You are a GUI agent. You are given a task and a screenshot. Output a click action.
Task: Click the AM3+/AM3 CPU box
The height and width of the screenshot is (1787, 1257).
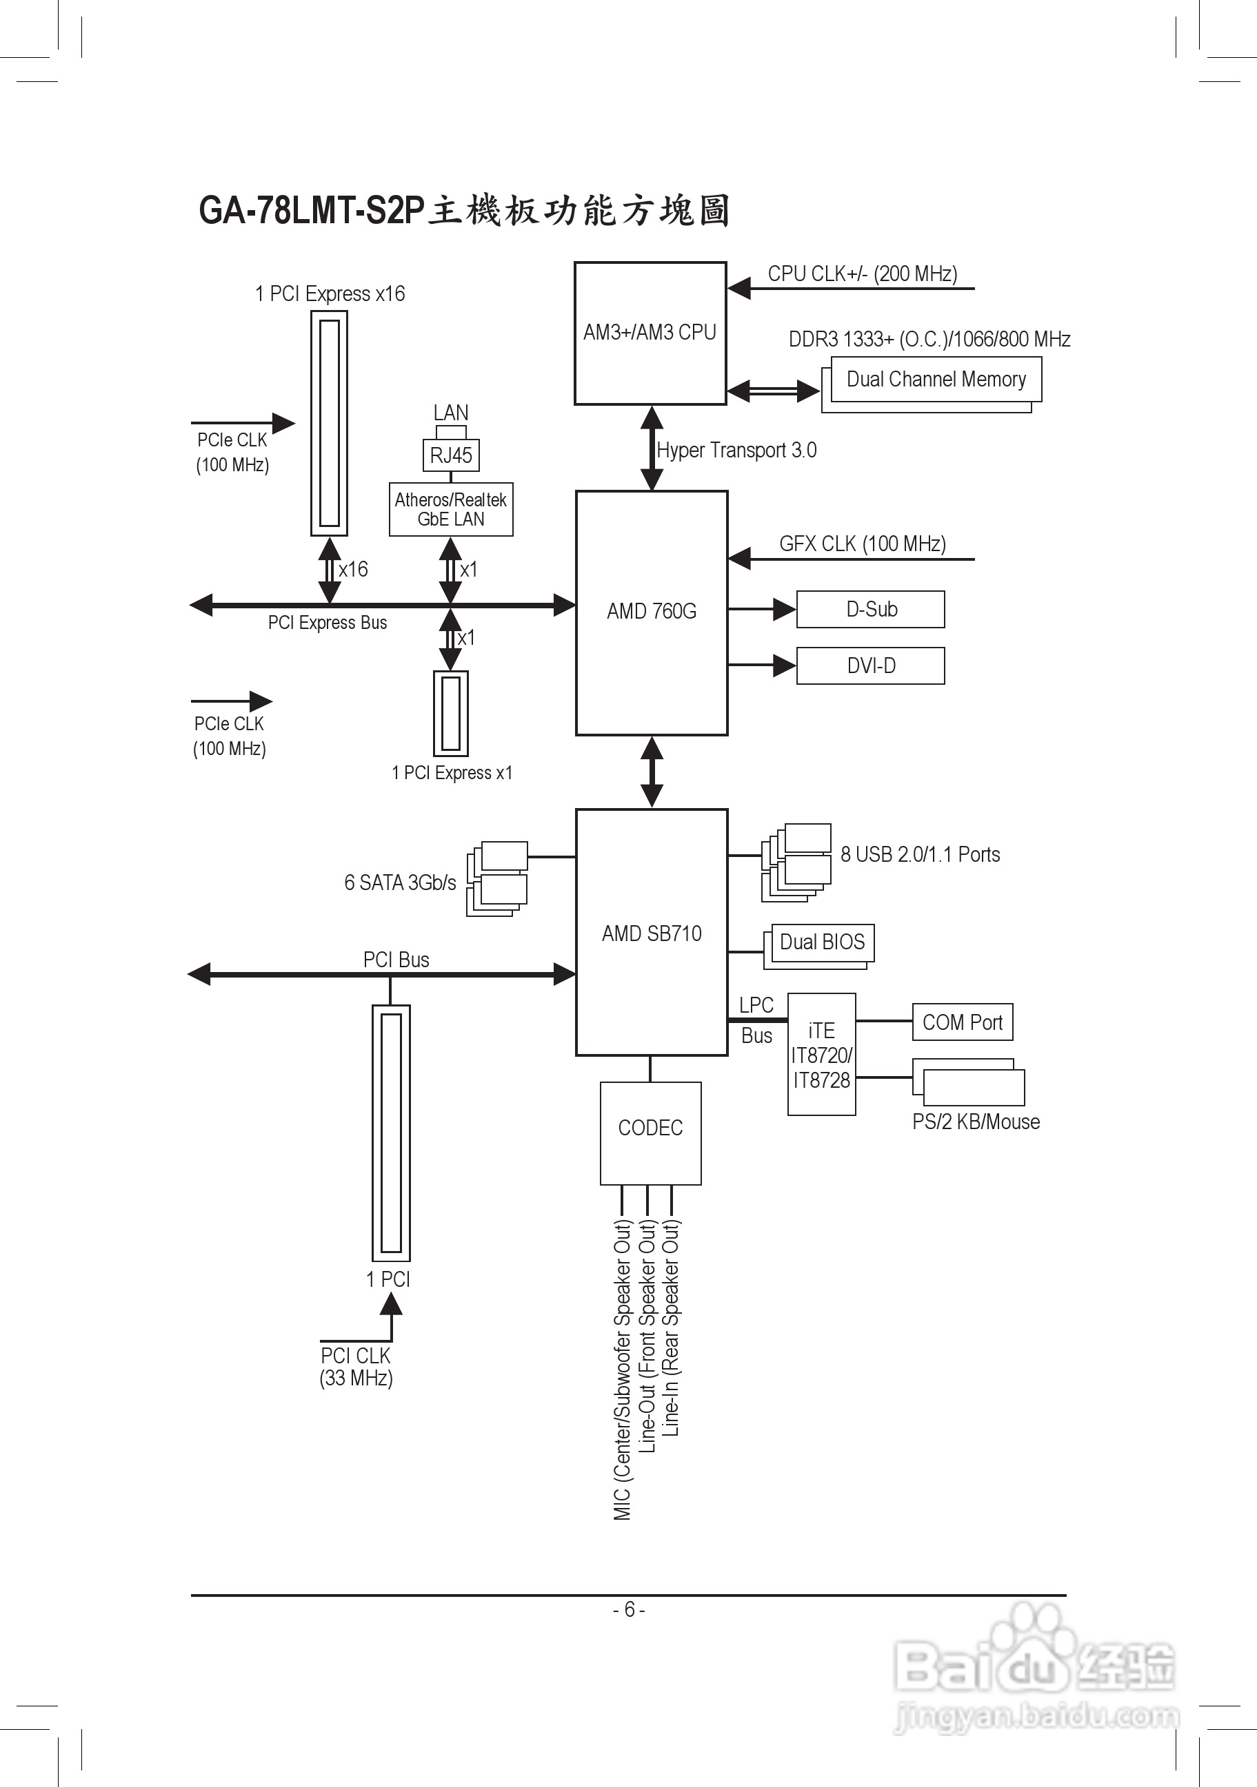click(x=650, y=333)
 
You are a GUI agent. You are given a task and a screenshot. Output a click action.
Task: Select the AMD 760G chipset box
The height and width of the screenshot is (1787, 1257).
click(x=651, y=612)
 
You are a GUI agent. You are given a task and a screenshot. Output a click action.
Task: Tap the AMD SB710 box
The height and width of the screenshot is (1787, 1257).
click(x=651, y=932)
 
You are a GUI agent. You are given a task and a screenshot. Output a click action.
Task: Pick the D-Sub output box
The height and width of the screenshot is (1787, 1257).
click(x=870, y=610)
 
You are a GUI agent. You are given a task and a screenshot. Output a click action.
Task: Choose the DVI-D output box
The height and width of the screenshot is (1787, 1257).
click(x=870, y=666)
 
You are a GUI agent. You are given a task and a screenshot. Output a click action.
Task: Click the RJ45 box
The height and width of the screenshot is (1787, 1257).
click(x=451, y=455)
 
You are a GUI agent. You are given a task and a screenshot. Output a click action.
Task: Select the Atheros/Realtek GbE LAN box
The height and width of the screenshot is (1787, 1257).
click(x=451, y=509)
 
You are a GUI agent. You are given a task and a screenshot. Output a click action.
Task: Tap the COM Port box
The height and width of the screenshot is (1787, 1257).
click(x=962, y=1022)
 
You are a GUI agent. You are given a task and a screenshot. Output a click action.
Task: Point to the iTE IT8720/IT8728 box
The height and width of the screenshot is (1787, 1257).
click(x=821, y=1055)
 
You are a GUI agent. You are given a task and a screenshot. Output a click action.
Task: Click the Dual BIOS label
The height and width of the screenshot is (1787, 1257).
click(x=822, y=942)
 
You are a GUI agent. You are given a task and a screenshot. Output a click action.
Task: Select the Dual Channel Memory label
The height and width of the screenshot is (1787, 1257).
click(x=936, y=379)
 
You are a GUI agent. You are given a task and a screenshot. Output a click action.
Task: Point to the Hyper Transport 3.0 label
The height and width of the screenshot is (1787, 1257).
click(x=736, y=451)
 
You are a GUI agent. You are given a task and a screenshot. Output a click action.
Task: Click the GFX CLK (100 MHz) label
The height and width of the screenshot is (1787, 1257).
click(x=862, y=544)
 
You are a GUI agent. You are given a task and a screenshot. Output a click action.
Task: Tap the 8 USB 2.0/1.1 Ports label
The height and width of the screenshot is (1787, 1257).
click(x=920, y=855)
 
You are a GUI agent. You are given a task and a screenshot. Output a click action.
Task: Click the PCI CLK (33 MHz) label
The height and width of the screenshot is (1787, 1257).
click(x=356, y=1367)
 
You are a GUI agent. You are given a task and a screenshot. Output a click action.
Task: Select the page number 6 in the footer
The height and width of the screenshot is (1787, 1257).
click(x=629, y=1609)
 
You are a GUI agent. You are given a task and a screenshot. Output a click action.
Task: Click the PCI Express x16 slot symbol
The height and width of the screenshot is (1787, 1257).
click(x=329, y=424)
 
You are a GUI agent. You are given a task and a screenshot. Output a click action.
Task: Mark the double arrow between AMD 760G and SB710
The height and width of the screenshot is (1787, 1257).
click(x=651, y=772)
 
